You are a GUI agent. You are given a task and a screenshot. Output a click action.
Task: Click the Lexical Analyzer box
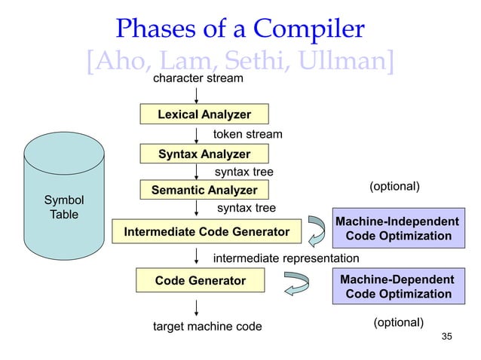point(204,114)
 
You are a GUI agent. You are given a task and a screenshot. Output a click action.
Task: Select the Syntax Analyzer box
point(204,154)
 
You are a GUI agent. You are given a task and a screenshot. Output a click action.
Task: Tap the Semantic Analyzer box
point(204,190)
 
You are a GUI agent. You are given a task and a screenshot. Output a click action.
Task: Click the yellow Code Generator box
point(201,280)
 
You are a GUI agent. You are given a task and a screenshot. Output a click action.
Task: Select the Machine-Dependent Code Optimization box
point(397,285)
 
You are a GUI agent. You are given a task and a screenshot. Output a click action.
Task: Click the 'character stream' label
point(198,78)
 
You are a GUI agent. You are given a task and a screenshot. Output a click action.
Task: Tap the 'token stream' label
point(248,134)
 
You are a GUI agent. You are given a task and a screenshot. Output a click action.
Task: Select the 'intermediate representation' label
point(286,259)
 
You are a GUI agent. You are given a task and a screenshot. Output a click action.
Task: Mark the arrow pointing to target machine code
point(197,307)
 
